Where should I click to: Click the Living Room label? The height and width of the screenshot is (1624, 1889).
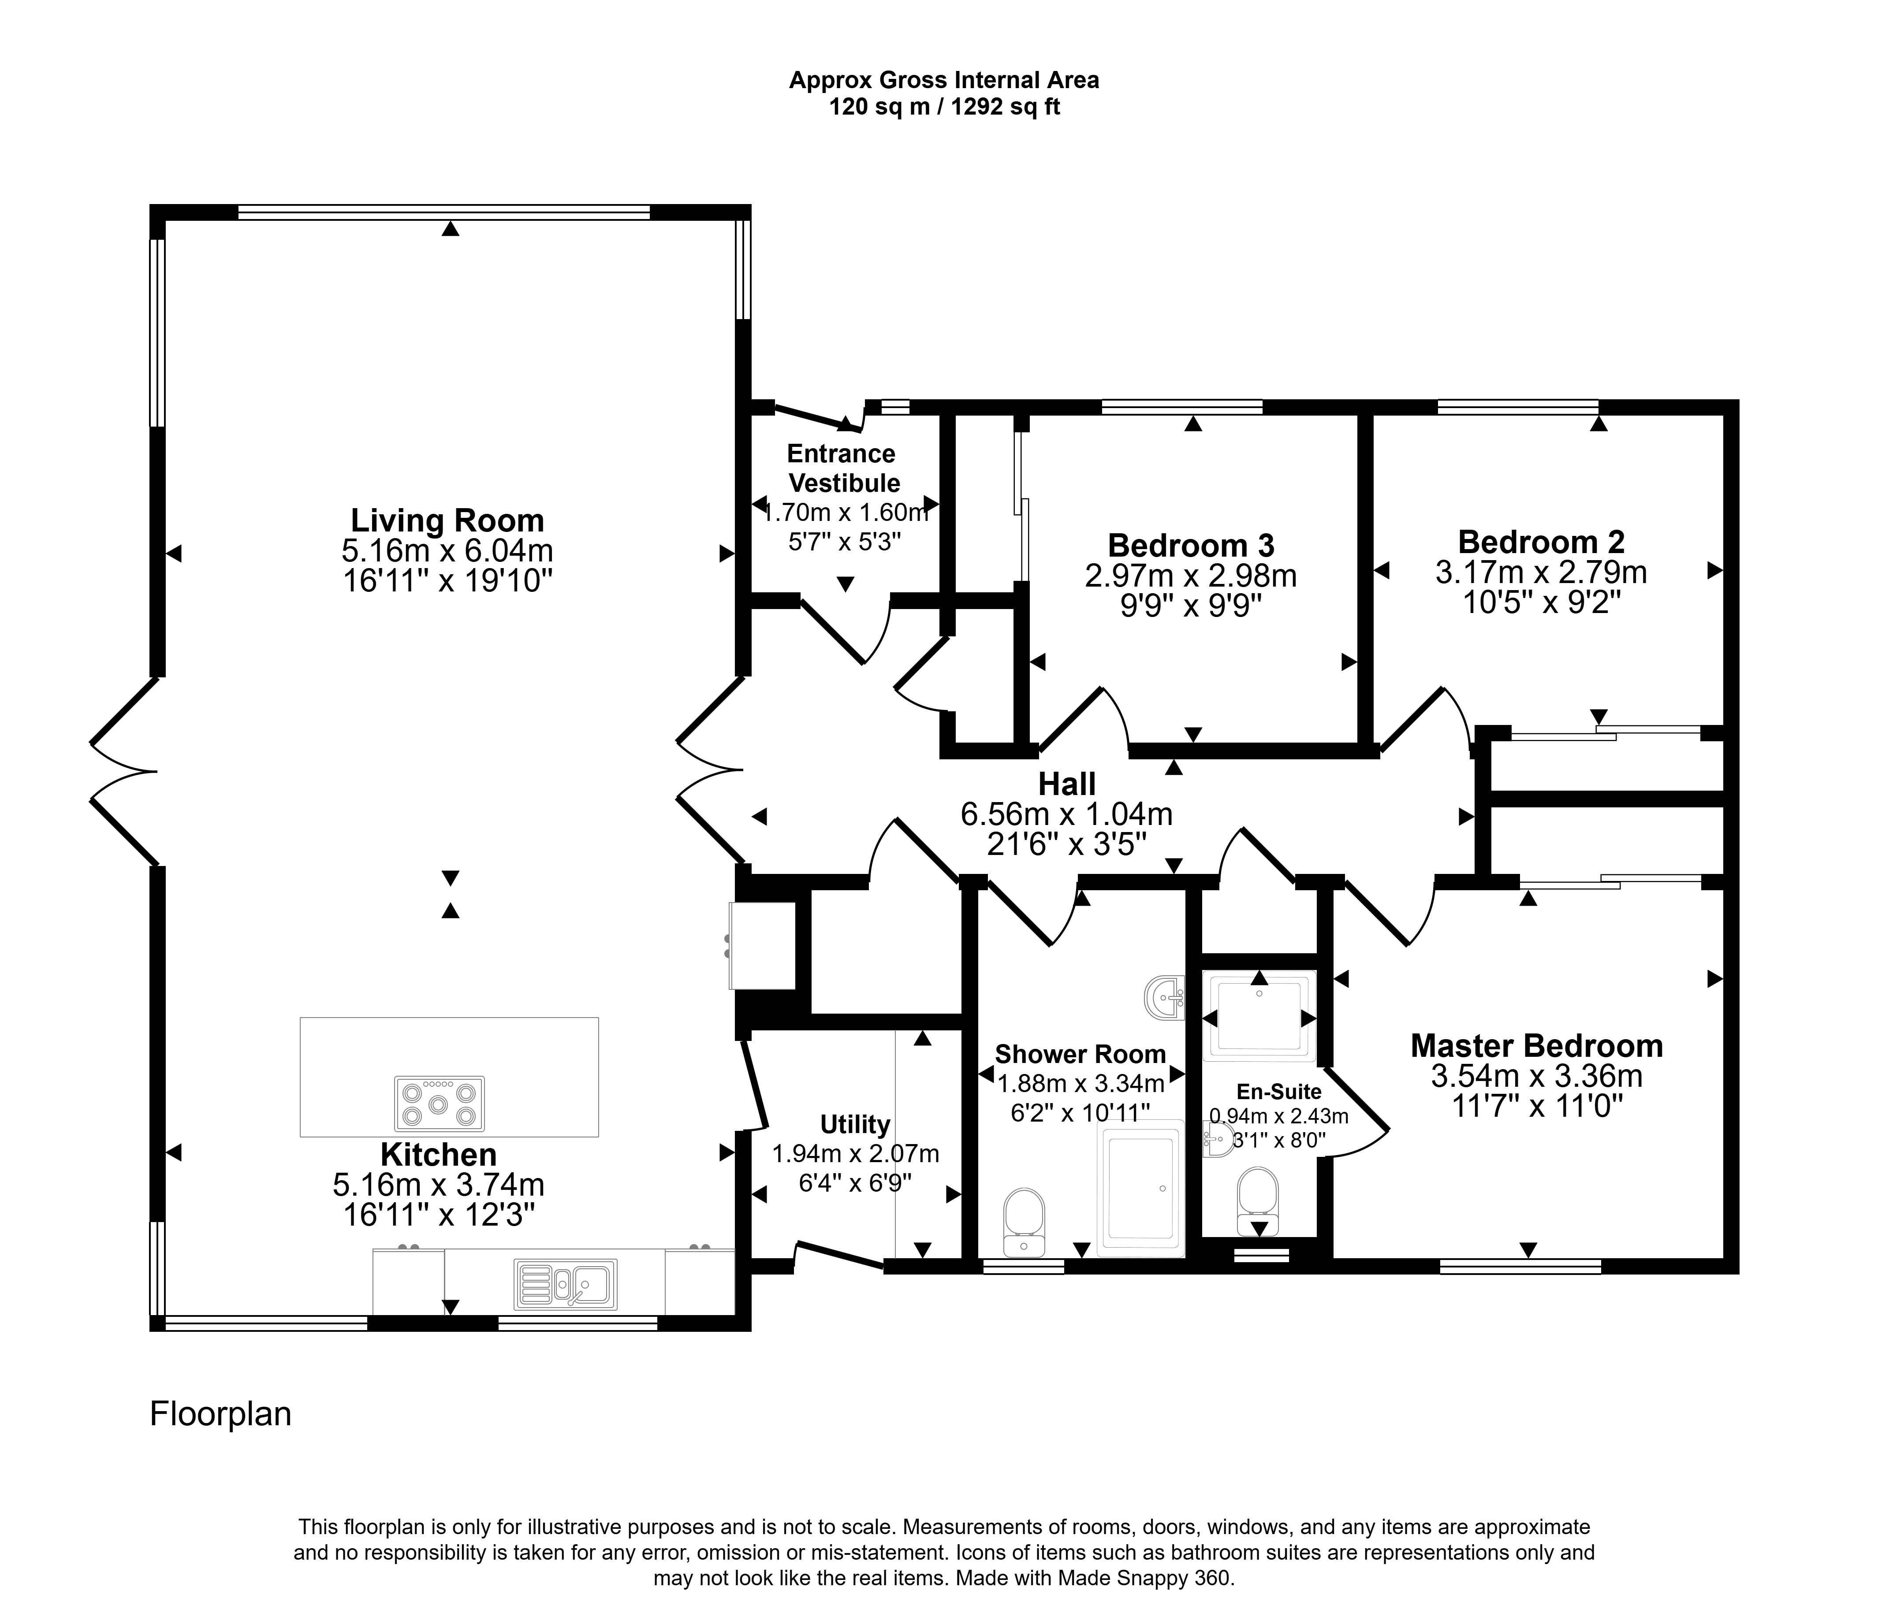point(447,520)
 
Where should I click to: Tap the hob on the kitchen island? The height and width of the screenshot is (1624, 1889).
point(440,1104)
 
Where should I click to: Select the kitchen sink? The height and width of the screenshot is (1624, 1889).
point(565,1284)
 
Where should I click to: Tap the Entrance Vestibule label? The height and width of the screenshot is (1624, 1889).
point(843,468)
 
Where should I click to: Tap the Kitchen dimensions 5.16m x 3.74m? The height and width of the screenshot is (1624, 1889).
point(439,1185)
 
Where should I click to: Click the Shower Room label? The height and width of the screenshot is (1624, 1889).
point(1080,1055)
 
